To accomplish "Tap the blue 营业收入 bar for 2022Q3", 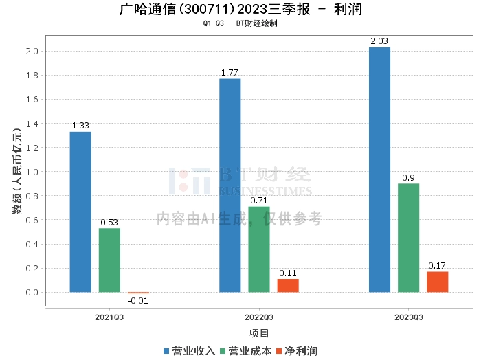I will pyautogui.click(x=230, y=185).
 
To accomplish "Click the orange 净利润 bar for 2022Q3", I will pyautogui.click(x=288, y=285).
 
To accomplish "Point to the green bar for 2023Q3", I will pyautogui.click(x=408, y=238).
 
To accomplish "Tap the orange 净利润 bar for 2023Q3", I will pyautogui.click(x=437, y=282).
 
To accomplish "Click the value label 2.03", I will pyautogui.click(x=379, y=41).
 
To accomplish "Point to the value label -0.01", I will pyautogui.click(x=138, y=300).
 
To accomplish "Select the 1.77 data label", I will pyautogui.click(x=230, y=72).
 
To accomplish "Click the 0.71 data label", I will pyautogui.click(x=259, y=201).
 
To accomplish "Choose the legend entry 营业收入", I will pyautogui.click(x=190, y=351).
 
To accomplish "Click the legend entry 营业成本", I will pyautogui.click(x=246, y=351).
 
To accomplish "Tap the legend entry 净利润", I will pyautogui.click(x=296, y=351).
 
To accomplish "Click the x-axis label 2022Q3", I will pyautogui.click(x=259, y=317).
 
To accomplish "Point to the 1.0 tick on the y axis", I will pyautogui.click(x=32, y=172).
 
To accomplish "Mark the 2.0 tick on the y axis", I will pyautogui.click(x=32, y=52).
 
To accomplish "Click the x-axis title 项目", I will pyautogui.click(x=259, y=333).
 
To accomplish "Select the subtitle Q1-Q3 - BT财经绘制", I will pyautogui.click(x=240, y=23).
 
